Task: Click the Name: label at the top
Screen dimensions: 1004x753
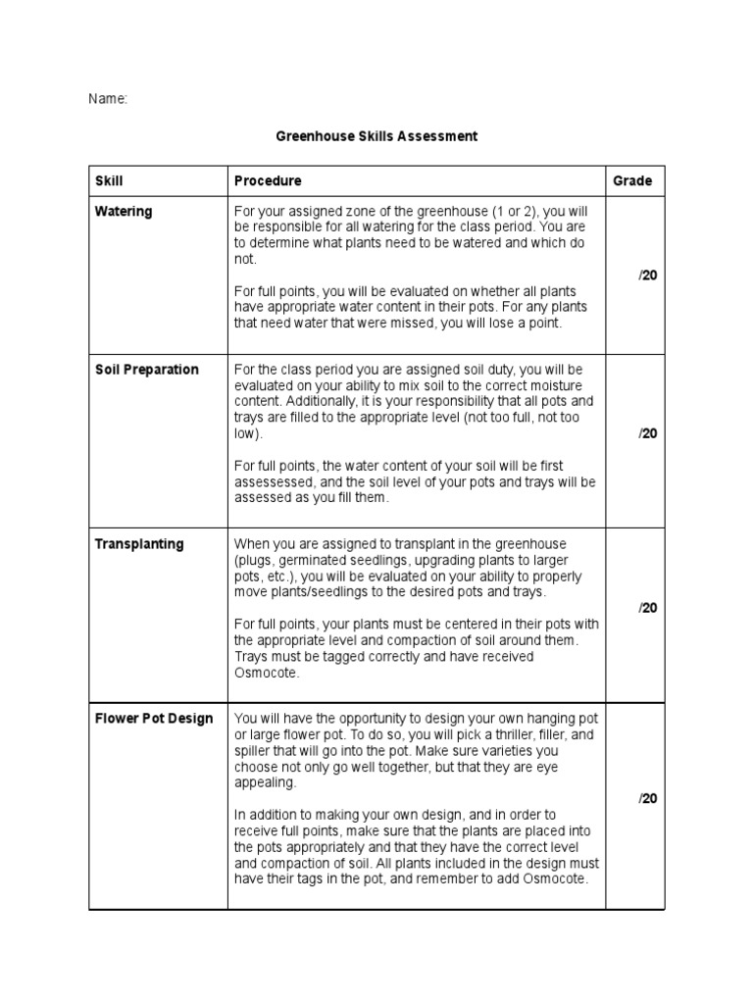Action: (108, 99)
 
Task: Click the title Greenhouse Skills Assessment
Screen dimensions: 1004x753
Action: (376, 136)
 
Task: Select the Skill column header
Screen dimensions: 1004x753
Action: (109, 181)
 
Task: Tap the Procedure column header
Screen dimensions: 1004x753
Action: (268, 181)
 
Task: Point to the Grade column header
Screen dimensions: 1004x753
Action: (632, 181)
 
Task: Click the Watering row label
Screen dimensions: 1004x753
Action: (124, 212)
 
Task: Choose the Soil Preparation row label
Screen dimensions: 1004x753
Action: (146, 370)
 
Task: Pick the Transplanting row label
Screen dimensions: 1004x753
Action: (138, 544)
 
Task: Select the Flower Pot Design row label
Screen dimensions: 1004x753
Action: (153, 719)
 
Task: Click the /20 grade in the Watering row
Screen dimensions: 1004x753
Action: (648, 276)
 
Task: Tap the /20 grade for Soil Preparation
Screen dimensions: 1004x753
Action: (648, 433)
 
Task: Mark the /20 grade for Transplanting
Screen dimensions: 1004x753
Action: (648, 608)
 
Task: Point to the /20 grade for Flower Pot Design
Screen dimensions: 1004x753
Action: (648, 798)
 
